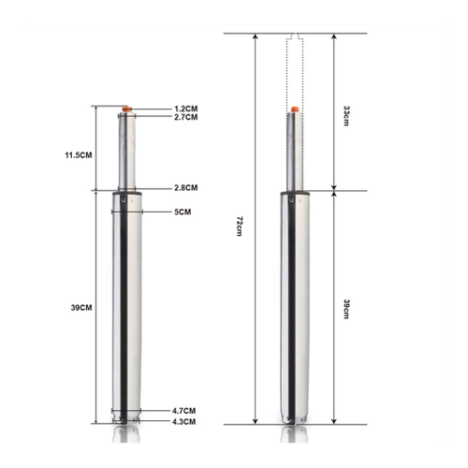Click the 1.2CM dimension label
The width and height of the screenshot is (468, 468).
[185, 109]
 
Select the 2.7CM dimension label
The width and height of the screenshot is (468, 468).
[185, 117]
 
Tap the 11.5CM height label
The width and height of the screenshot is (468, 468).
[79, 155]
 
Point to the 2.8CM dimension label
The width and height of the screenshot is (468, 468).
[185, 188]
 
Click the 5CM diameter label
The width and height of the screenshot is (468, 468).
[183, 212]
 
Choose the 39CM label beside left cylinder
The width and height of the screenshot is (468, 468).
[81, 308]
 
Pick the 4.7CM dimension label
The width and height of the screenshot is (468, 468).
[184, 411]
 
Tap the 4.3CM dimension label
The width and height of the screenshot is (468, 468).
[184, 422]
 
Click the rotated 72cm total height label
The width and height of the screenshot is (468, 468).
[240, 226]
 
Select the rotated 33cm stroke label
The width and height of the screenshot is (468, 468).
[346, 115]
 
